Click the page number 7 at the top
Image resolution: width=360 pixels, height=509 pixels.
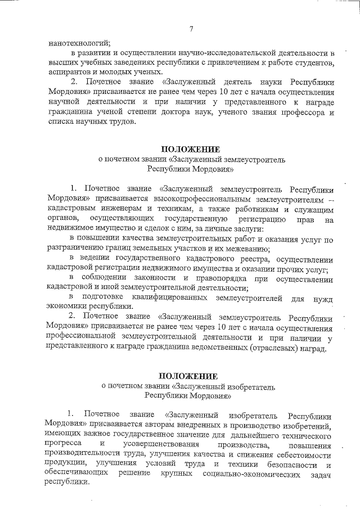tap(191, 29)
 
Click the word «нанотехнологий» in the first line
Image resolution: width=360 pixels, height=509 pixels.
tap(79, 42)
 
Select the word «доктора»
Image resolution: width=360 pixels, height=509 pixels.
tap(191, 113)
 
